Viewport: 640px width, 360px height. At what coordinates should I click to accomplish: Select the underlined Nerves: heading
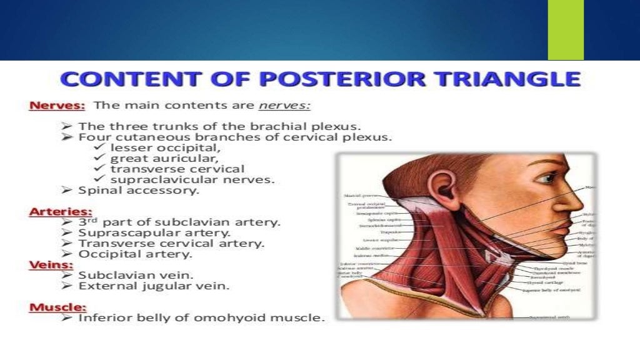point(51,106)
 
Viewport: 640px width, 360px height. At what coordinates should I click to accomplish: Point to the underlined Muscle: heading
point(57,307)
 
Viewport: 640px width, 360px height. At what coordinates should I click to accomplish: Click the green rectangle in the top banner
point(565,30)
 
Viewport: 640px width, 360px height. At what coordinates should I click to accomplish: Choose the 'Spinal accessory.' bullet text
point(139,191)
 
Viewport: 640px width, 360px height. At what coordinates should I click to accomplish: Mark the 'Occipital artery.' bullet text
point(135,254)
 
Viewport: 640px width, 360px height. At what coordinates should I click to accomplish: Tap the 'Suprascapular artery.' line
point(154,232)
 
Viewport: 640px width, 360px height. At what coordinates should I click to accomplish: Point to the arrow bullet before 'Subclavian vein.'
point(68,275)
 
